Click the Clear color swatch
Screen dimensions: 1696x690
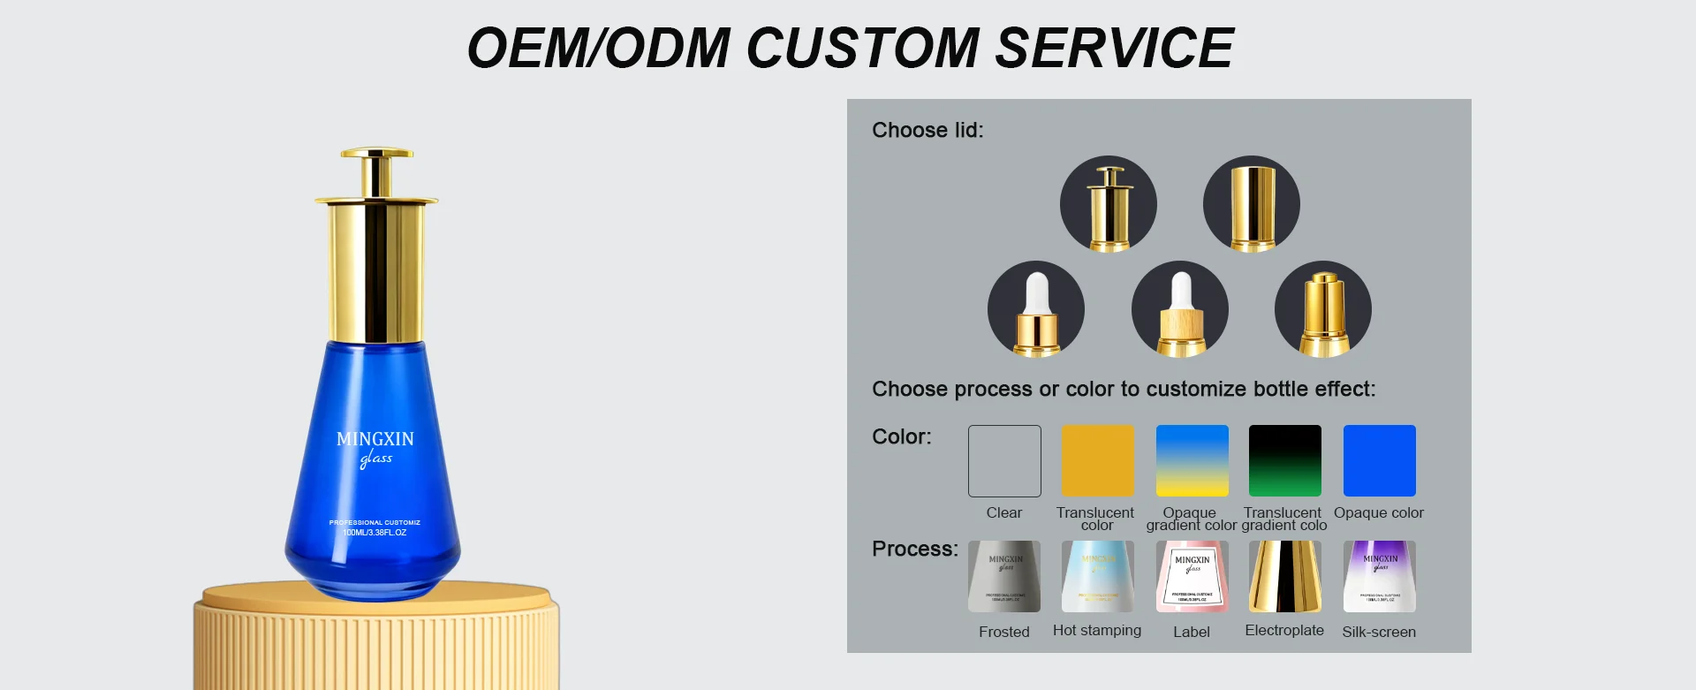point(1004,461)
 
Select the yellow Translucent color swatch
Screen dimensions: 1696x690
point(1097,461)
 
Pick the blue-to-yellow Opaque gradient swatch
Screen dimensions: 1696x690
point(1192,461)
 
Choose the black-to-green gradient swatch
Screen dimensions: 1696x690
point(1284,461)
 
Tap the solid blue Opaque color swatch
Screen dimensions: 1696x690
point(1379,461)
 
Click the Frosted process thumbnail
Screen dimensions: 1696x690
point(1004,576)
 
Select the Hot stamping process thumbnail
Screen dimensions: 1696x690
point(1097,576)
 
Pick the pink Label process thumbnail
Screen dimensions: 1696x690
point(1192,576)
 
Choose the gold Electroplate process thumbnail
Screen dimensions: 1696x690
point(1284,576)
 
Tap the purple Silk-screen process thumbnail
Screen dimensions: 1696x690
point(1379,576)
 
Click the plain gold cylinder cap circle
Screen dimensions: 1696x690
point(1251,204)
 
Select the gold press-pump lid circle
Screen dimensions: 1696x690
point(1108,204)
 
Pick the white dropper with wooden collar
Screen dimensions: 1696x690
point(1179,309)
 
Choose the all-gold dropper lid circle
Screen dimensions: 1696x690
point(1322,309)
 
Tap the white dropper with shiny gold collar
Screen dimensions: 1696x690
point(1035,309)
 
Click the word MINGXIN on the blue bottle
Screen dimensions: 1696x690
point(375,439)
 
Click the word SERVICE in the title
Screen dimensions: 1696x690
point(1114,48)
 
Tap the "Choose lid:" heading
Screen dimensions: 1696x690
point(927,130)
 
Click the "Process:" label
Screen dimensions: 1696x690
point(914,549)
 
